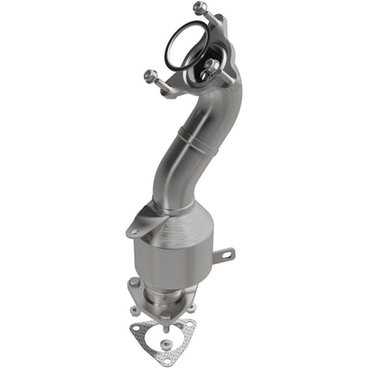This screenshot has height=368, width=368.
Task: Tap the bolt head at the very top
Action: coord(200,8)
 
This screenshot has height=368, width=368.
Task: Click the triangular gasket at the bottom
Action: coord(177,335)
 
